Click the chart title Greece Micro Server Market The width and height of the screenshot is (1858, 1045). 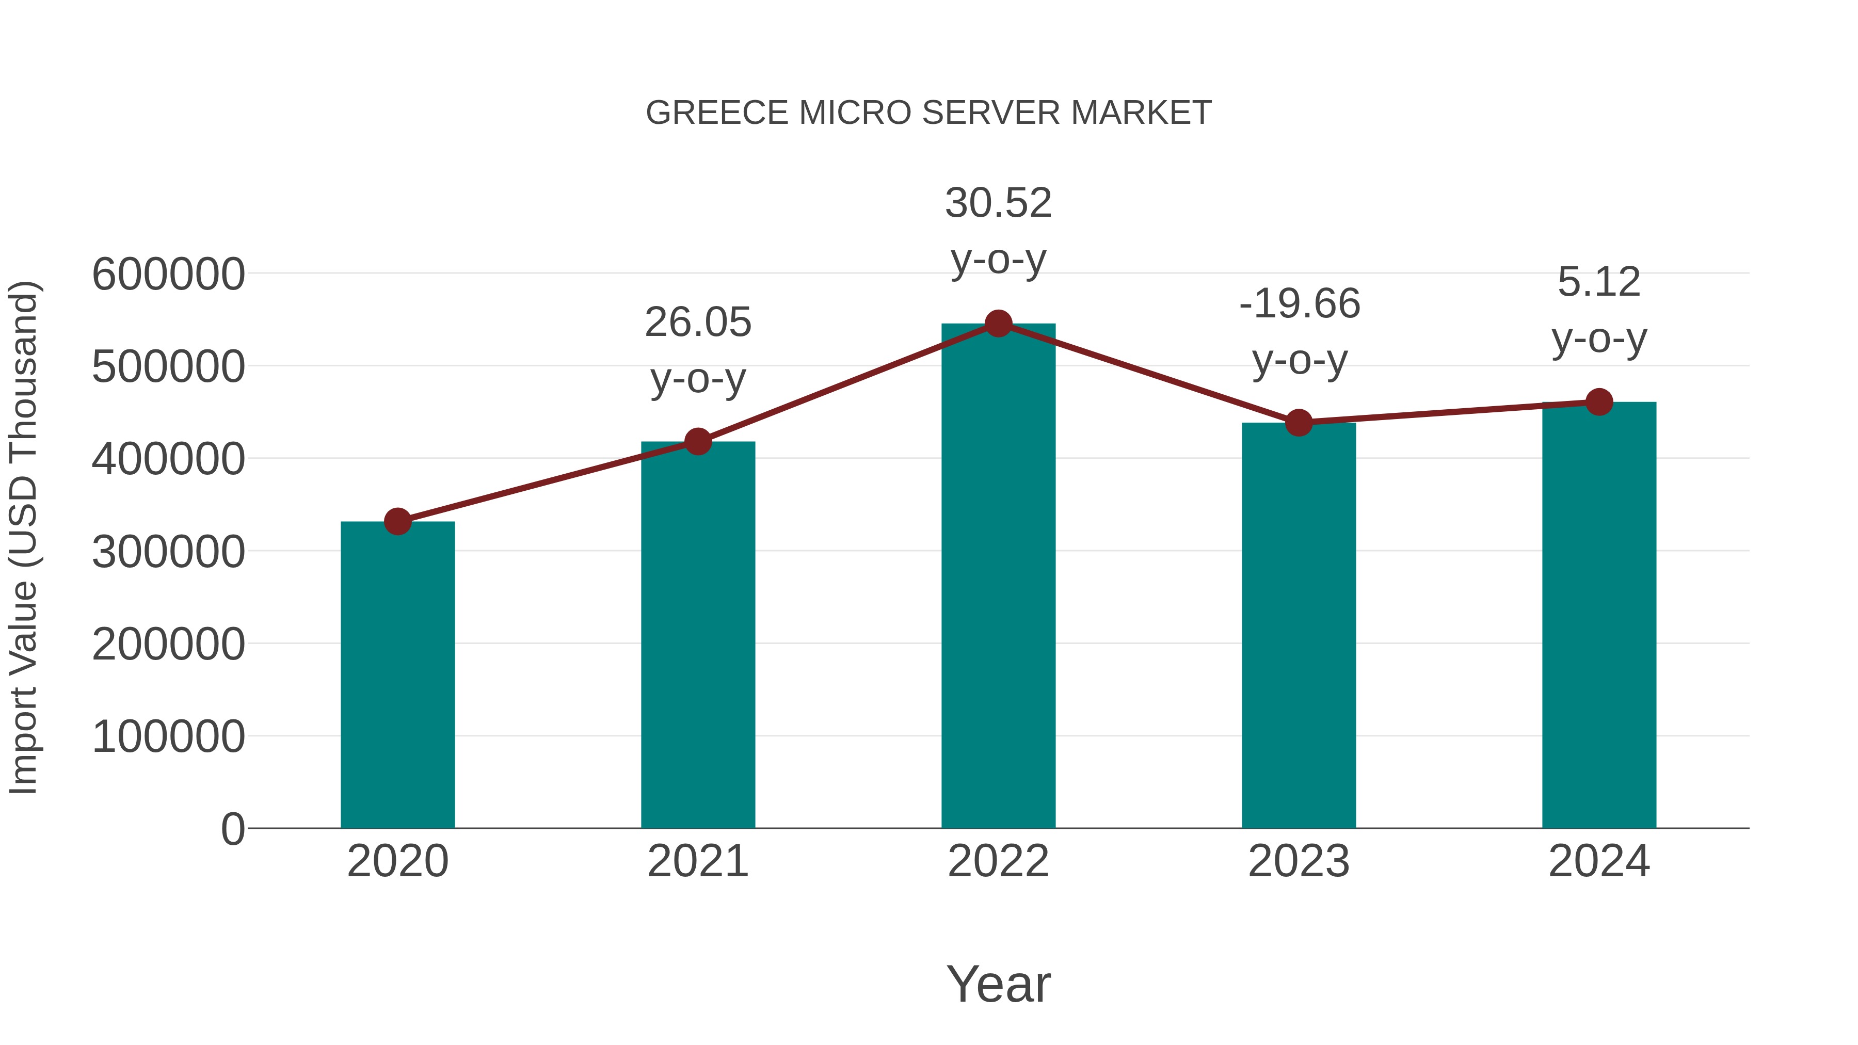click(928, 113)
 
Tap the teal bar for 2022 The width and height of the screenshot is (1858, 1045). click(998, 577)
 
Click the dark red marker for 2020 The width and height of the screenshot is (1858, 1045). click(397, 521)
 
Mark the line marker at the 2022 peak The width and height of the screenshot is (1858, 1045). click(998, 324)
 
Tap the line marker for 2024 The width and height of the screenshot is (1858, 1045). click(1599, 401)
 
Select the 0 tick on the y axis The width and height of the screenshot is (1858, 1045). click(232, 829)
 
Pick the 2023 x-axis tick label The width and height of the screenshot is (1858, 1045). click(1299, 861)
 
